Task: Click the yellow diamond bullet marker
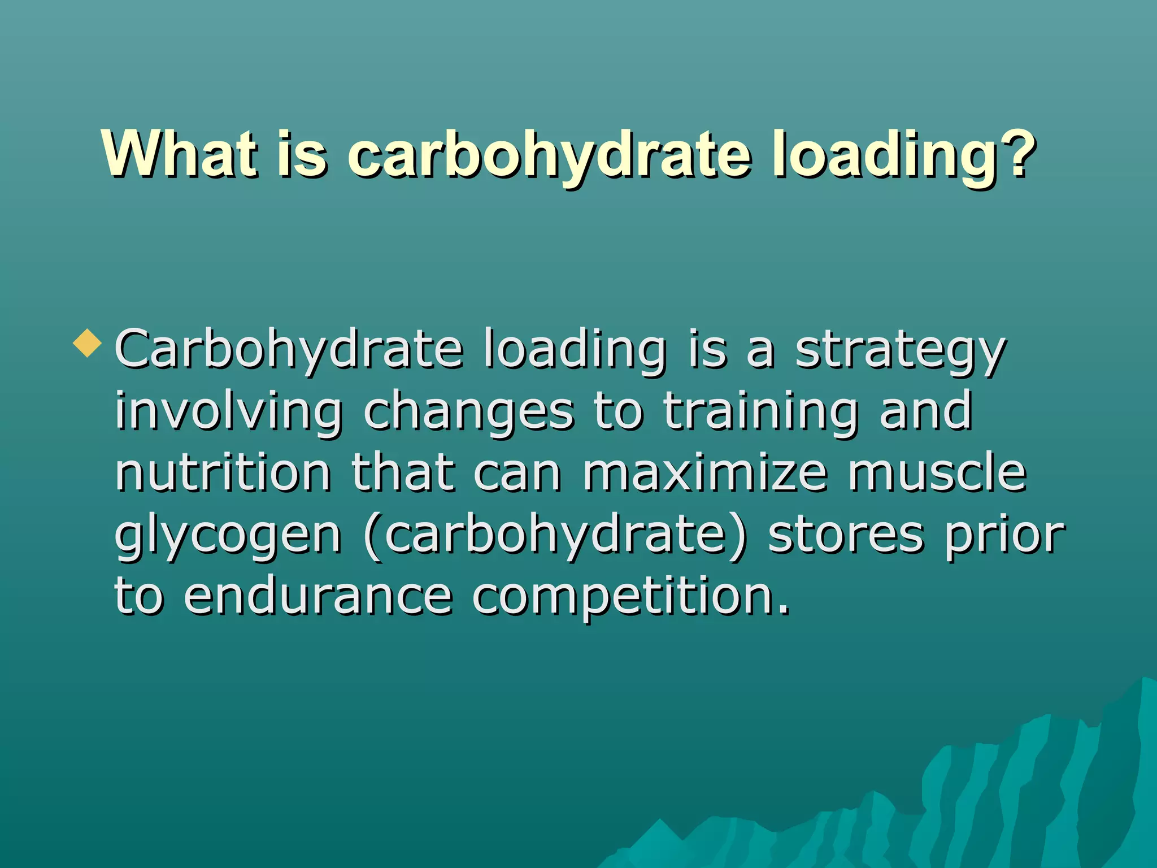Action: pos(88,343)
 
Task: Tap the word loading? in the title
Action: pos(904,155)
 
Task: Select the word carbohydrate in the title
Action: pos(549,155)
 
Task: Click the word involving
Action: pos(229,413)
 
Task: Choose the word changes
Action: pos(468,413)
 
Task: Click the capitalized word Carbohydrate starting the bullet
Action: pos(289,350)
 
